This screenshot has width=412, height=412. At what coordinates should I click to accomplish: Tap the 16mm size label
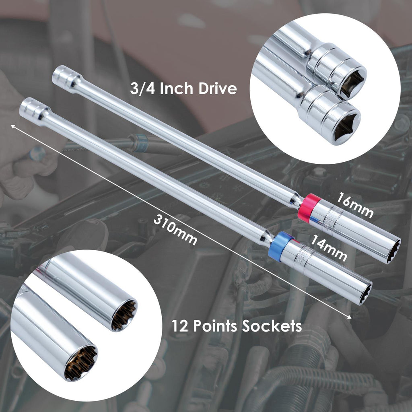click(354, 205)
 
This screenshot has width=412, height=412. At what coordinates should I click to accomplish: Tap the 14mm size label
click(328, 248)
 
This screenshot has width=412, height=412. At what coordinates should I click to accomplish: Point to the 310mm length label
click(175, 230)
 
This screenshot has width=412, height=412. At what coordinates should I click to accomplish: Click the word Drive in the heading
click(218, 88)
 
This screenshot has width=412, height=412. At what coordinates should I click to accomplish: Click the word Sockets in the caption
click(272, 326)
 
